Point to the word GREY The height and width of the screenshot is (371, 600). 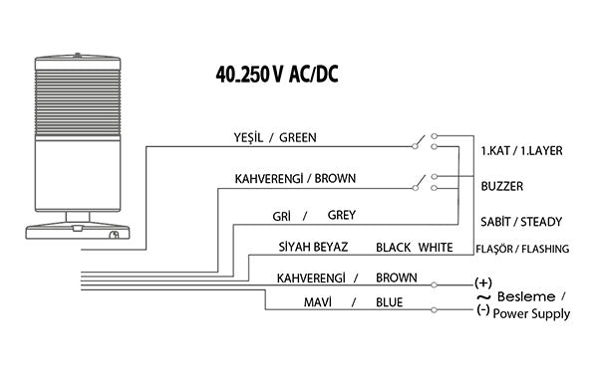click(341, 214)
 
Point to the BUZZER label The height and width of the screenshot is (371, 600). click(502, 186)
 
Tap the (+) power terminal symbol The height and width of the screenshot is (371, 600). click(484, 282)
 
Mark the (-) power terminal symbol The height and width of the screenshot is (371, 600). click(483, 310)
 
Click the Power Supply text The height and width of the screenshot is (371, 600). click(533, 314)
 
